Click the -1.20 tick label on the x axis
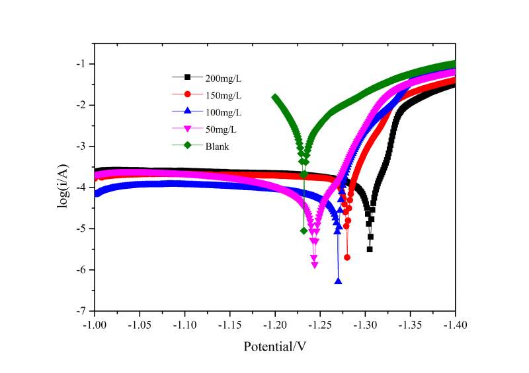click(274, 325)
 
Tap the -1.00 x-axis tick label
click(95, 325)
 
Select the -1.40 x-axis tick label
click(455, 325)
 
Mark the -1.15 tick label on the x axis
click(229, 325)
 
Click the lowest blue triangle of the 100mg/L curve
click(339, 281)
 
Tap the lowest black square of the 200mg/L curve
click(370, 249)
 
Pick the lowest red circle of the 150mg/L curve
click(347, 257)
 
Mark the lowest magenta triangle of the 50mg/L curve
click(315, 265)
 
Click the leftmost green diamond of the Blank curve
click(275, 98)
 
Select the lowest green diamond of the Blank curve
click(304, 231)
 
